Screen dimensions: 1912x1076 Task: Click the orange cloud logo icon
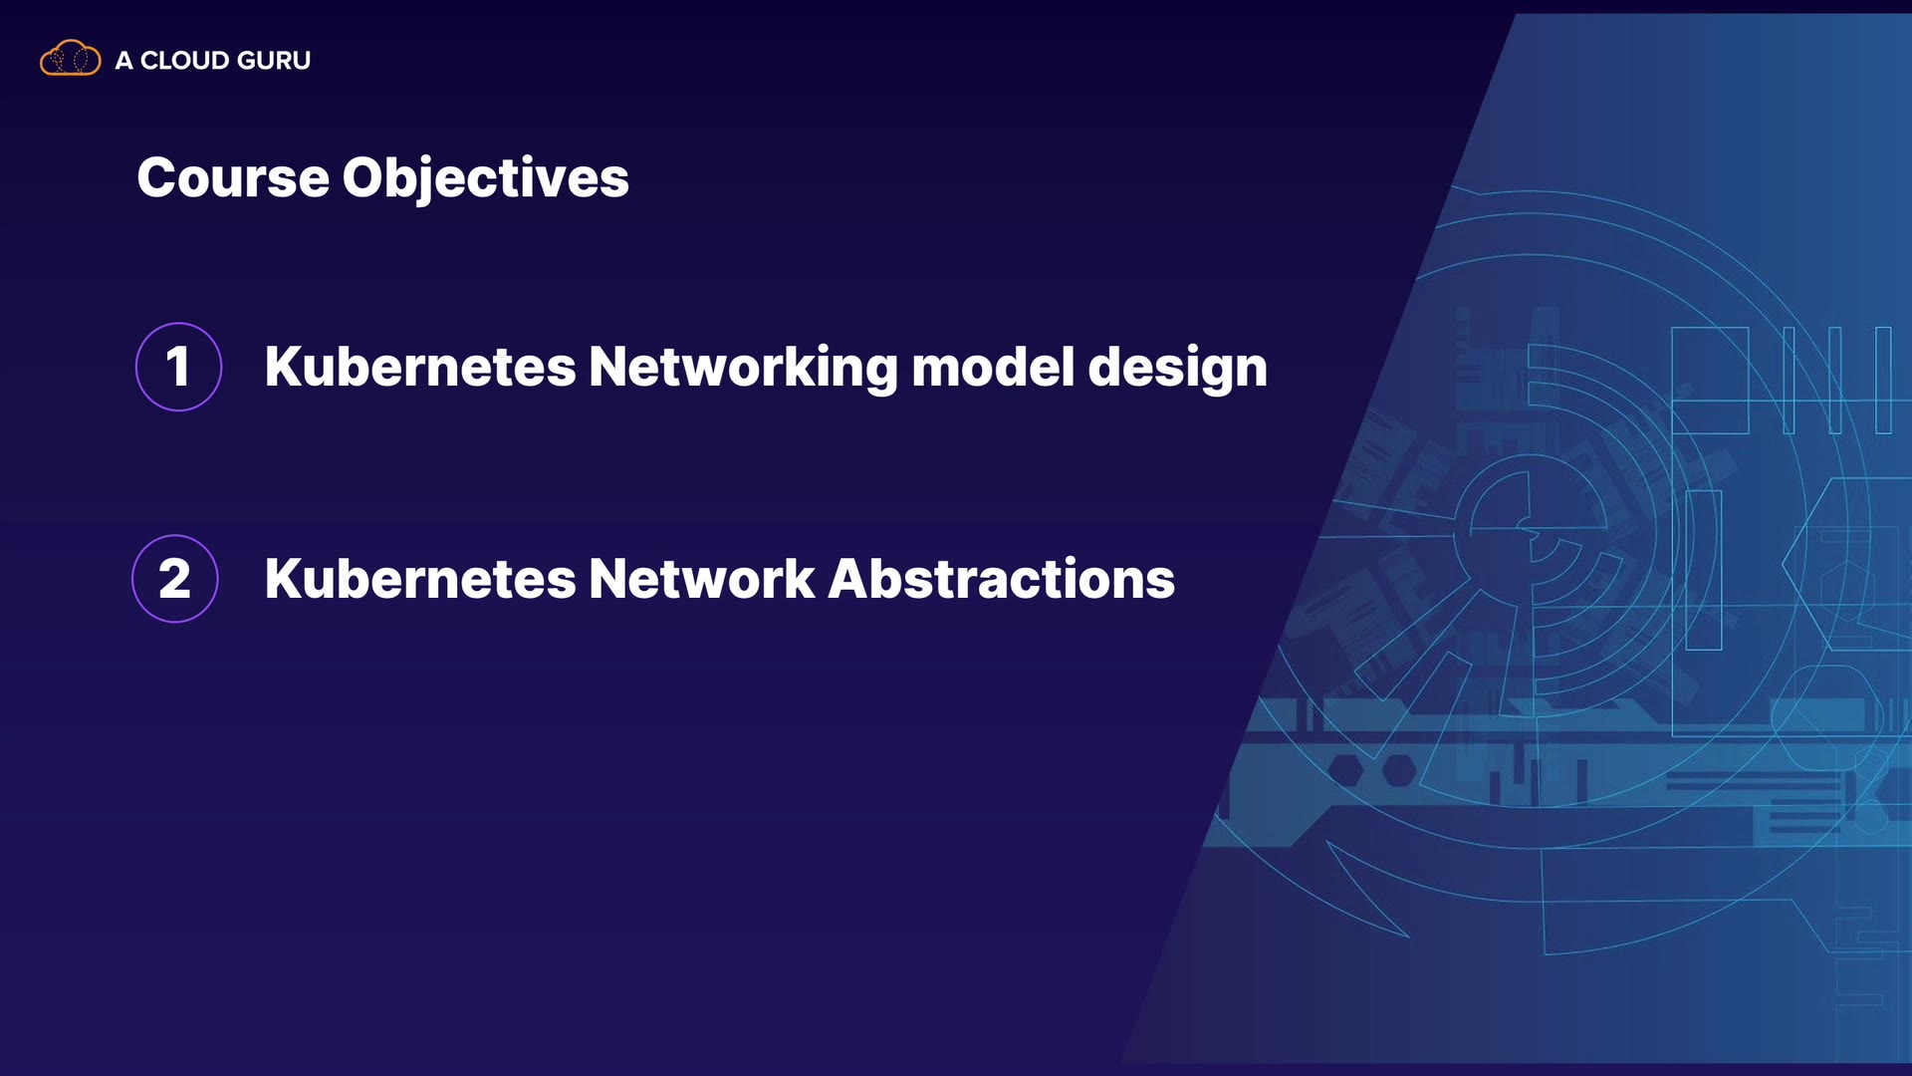point(70,59)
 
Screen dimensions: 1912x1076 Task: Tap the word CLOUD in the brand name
point(185,61)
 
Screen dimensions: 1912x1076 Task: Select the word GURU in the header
point(274,61)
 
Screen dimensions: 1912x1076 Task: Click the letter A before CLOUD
point(123,61)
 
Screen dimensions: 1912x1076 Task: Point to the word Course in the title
point(233,178)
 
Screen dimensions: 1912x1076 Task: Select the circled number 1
point(178,367)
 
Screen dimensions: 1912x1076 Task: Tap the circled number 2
point(175,579)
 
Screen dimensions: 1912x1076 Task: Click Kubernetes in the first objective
point(420,367)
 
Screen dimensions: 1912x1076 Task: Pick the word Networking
point(744,369)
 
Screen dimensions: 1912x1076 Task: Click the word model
point(993,367)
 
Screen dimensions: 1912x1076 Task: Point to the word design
point(1178,369)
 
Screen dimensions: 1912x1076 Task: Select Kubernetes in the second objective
point(420,579)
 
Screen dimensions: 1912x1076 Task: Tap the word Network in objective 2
point(702,579)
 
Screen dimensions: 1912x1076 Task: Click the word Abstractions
point(1002,579)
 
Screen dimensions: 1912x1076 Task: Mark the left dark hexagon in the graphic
point(1345,770)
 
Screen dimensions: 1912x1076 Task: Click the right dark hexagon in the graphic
point(1399,770)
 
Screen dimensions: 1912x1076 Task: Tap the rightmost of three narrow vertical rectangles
point(1883,380)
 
